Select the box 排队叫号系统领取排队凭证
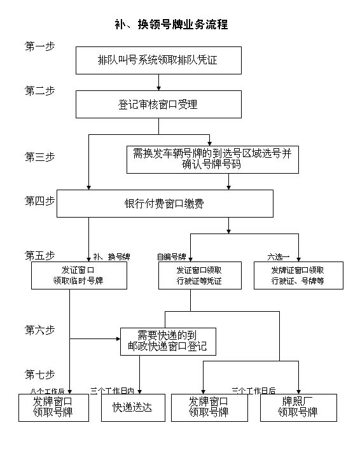click(158, 60)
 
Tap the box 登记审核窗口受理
click(158, 104)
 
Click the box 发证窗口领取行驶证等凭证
click(200, 275)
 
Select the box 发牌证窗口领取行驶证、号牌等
click(298, 275)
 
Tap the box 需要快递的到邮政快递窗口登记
click(168, 342)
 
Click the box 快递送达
click(133, 408)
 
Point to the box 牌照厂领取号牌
click(298, 408)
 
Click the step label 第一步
click(39, 46)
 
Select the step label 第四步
click(39, 201)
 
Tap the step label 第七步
click(39, 373)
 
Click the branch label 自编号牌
click(172, 257)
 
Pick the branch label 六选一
click(278, 257)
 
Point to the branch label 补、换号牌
click(111, 257)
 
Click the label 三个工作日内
click(112, 390)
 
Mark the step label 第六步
click(39, 330)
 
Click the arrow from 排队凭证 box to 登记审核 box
click(158, 82)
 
